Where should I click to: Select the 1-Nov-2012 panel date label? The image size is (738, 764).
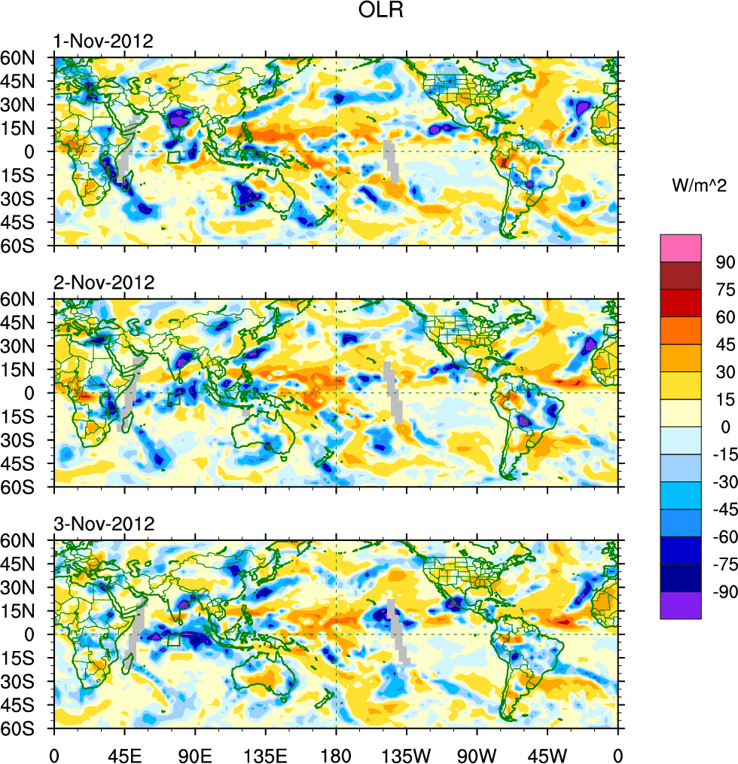click(x=103, y=41)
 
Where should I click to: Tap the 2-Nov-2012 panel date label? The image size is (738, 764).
click(x=103, y=283)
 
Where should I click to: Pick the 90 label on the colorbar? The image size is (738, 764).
click(x=724, y=262)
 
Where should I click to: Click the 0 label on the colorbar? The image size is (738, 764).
click(x=725, y=427)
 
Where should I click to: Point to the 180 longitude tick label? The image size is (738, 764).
click(x=336, y=753)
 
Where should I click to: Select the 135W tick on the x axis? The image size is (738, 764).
click(x=406, y=753)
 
